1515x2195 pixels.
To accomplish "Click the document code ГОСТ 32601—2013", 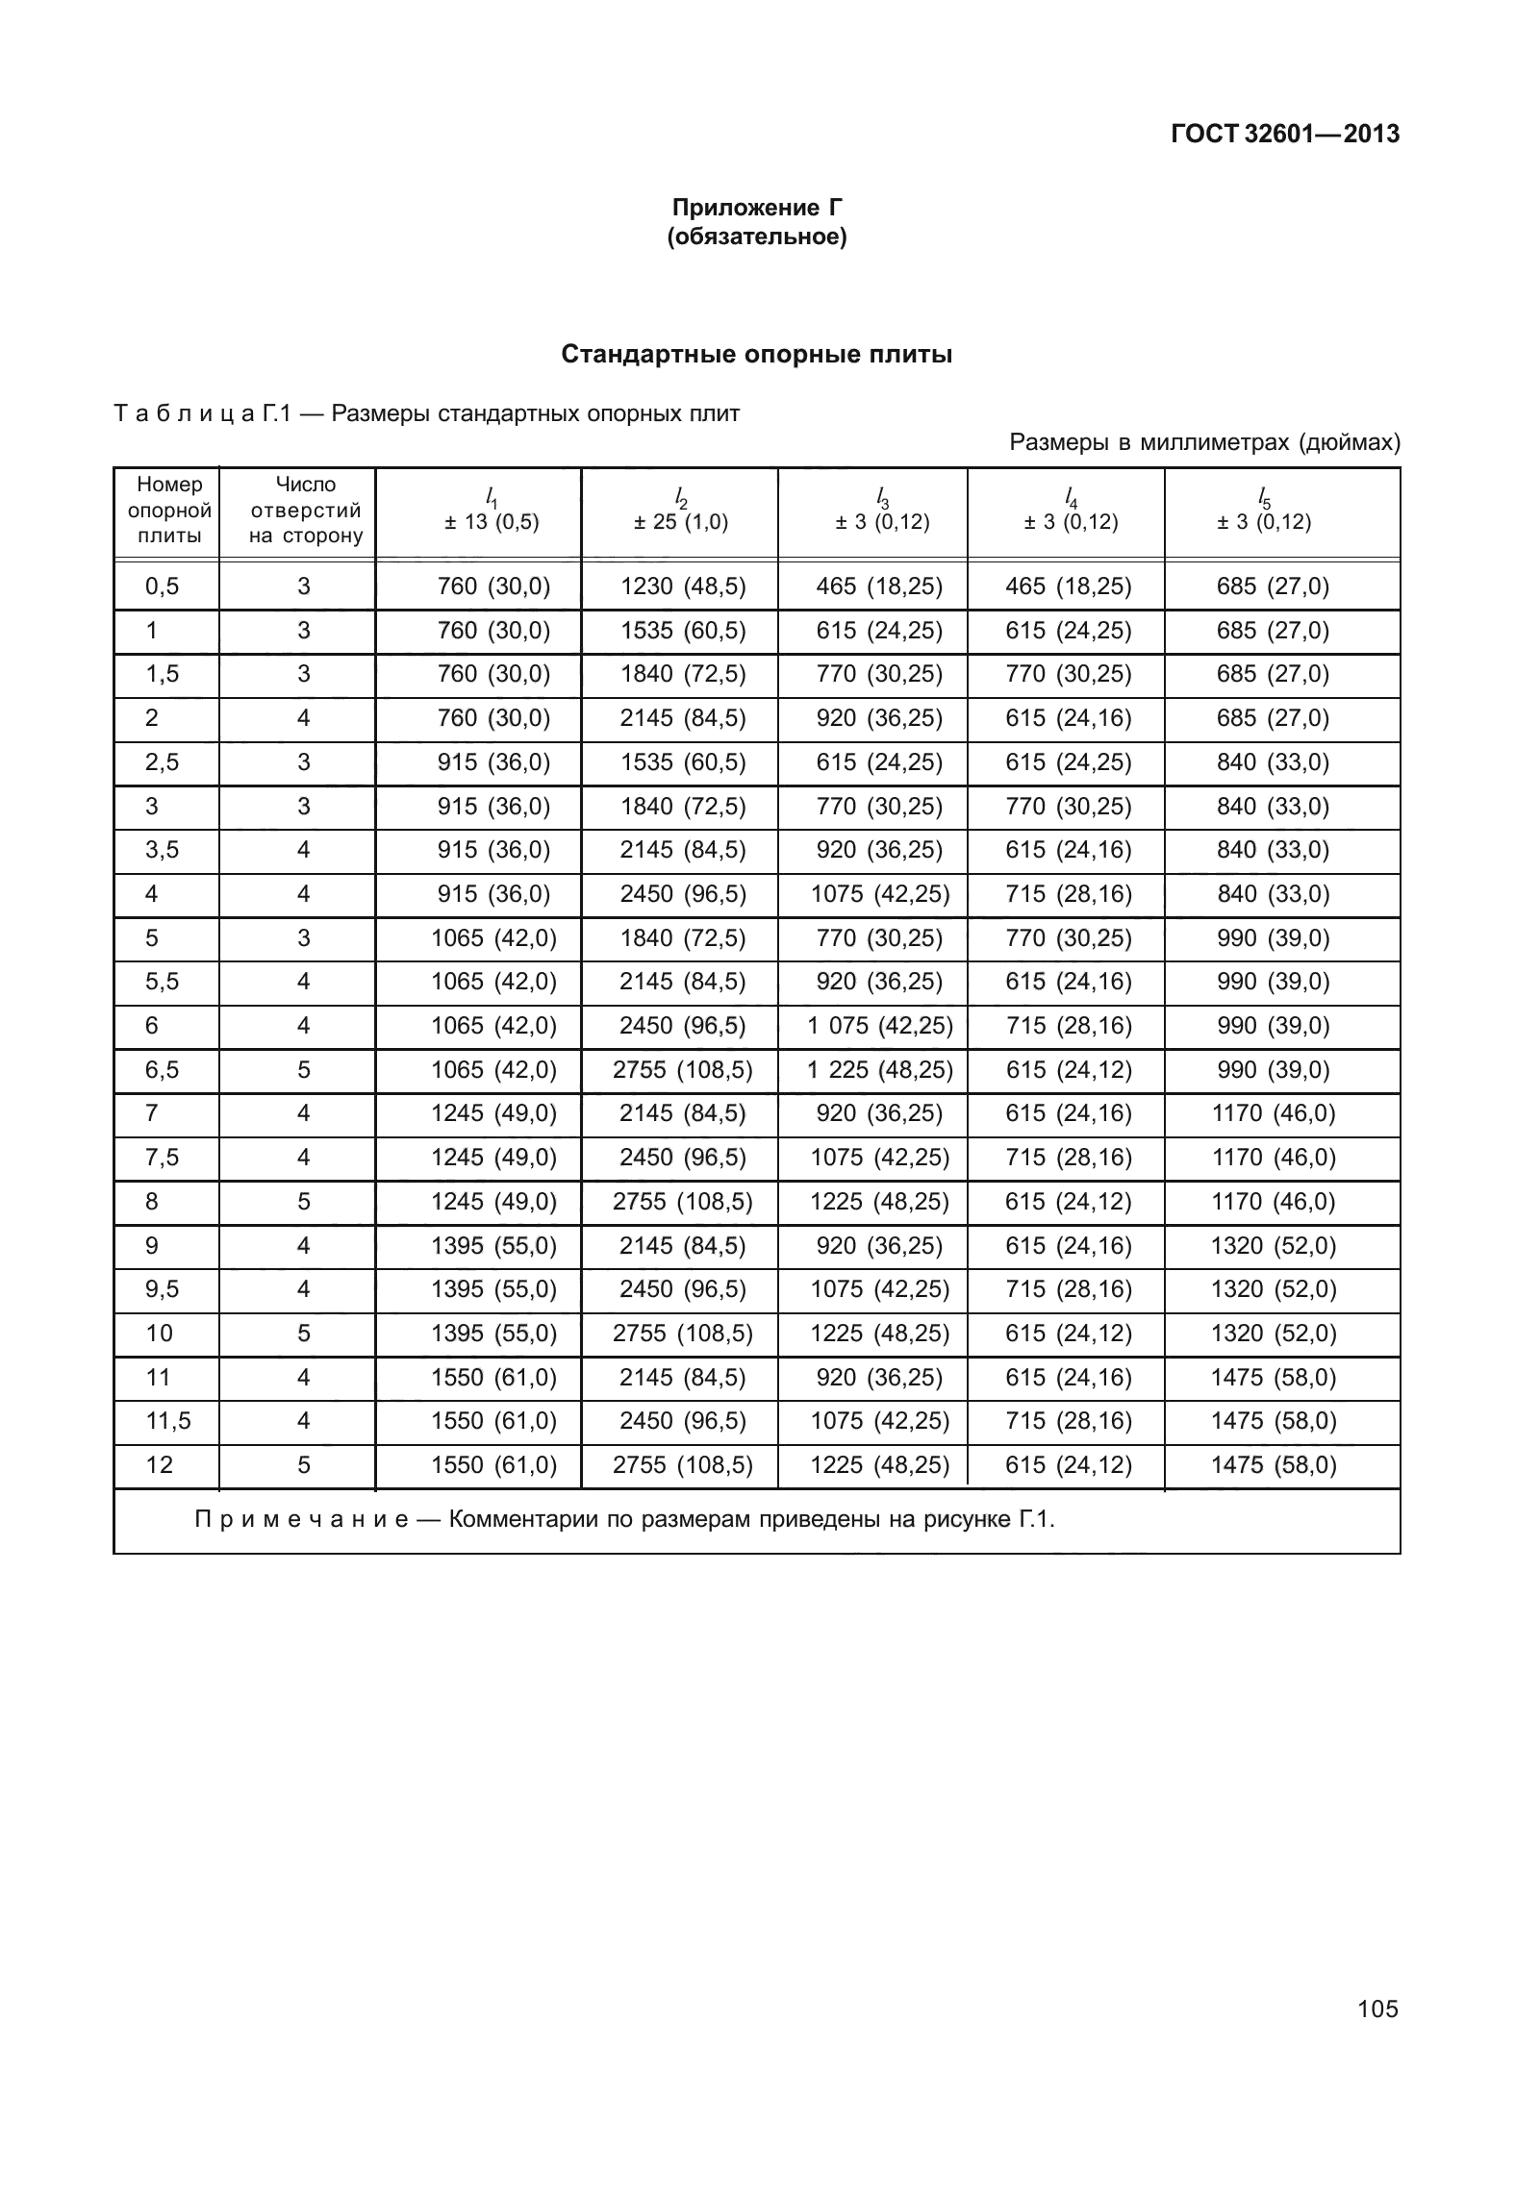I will coord(1283,135).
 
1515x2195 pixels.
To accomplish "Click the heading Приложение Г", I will coord(757,208).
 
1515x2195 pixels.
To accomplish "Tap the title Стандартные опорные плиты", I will coord(757,355).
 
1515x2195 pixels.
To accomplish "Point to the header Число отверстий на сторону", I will coord(305,511).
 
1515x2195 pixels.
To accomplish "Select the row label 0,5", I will coord(163,586).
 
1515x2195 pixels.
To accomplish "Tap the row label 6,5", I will coord(163,1070).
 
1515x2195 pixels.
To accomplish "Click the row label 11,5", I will coord(167,1421).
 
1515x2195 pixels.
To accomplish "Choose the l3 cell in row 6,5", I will coord(879,1070).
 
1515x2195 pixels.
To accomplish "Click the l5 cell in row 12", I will coord(1273,1465).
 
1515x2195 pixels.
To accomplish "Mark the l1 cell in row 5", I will coord(493,938).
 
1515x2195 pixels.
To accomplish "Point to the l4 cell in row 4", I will coord(1068,894).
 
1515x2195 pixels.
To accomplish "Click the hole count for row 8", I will coord(304,1202).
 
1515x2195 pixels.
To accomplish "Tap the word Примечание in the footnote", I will coord(301,1521).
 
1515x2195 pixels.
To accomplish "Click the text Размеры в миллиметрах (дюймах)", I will coord(1204,443).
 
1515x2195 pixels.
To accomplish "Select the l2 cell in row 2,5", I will coord(683,762).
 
